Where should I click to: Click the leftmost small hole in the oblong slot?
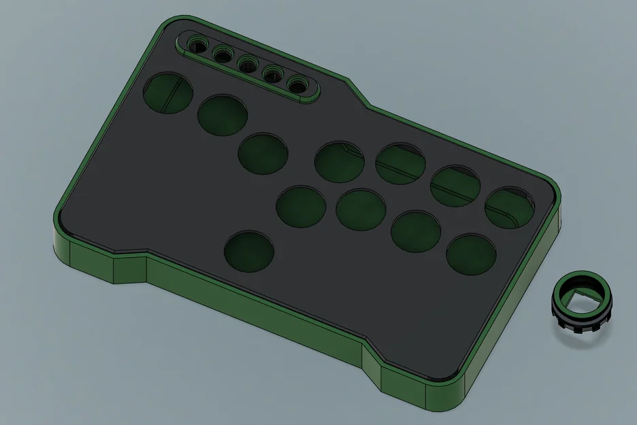197,46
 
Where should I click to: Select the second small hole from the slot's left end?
221,53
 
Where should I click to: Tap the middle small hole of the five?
246,64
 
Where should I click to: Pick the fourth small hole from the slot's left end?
272,73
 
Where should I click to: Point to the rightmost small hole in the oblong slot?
297,84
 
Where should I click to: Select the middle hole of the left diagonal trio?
223,116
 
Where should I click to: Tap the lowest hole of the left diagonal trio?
263,154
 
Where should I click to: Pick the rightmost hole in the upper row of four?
510,208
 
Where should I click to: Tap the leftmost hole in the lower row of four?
301,207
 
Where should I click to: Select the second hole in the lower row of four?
361,209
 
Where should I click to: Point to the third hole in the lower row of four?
416,231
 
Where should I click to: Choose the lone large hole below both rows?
250,252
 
